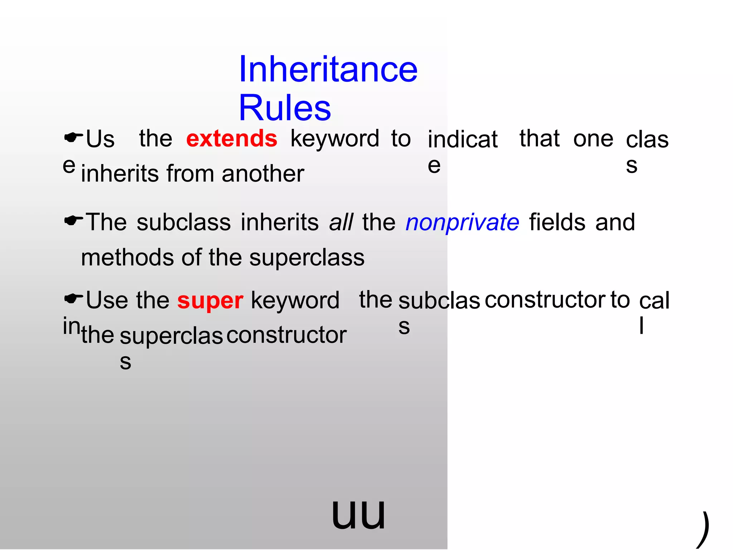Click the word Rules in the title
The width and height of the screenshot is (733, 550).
[285, 108]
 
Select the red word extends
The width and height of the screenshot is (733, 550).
[232, 139]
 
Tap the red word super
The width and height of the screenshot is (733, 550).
[210, 300]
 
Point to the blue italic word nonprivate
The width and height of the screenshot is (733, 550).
[462, 222]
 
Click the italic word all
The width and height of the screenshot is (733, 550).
[341, 222]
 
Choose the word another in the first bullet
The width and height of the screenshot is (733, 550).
[263, 174]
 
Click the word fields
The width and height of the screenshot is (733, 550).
[557, 222]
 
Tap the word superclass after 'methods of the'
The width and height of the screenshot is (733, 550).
[307, 258]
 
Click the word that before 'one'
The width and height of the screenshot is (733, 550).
[539, 139]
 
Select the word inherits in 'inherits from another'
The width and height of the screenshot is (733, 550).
[120, 174]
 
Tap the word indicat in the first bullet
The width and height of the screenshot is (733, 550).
[462, 139]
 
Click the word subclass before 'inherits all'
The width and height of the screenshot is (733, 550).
[184, 222]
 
